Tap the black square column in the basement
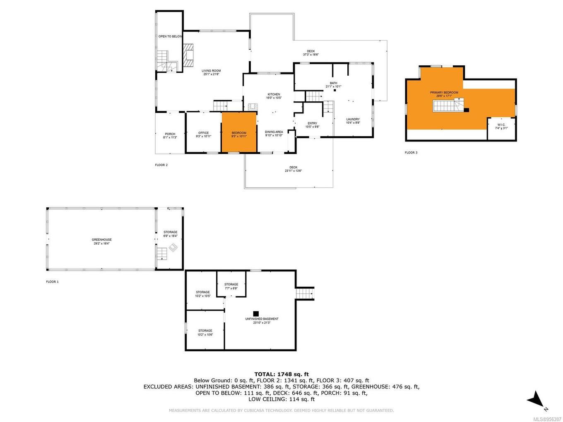[x=256, y=313]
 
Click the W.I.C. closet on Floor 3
[x=501, y=128]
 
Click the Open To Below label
[x=170, y=36]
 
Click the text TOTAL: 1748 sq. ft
[x=281, y=374]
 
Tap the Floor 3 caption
[x=411, y=153]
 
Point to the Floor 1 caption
[x=52, y=282]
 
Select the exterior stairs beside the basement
[x=304, y=293]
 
